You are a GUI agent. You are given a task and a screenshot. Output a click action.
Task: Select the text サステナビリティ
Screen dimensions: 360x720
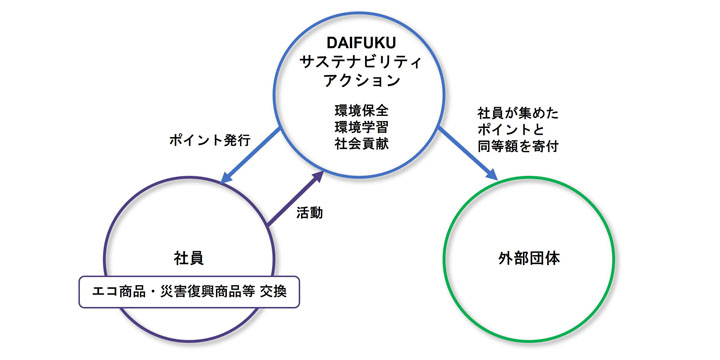(x=363, y=62)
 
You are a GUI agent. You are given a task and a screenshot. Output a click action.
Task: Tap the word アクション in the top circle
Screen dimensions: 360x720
(x=363, y=81)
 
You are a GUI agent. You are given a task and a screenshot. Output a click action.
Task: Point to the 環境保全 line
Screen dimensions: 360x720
(x=363, y=109)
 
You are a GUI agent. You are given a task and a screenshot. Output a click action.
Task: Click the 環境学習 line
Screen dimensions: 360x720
(x=363, y=127)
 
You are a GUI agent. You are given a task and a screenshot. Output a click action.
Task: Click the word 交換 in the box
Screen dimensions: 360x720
(x=278, y=292)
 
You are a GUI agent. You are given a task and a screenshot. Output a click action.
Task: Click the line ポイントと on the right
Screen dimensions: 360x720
(x=510, y=130)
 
